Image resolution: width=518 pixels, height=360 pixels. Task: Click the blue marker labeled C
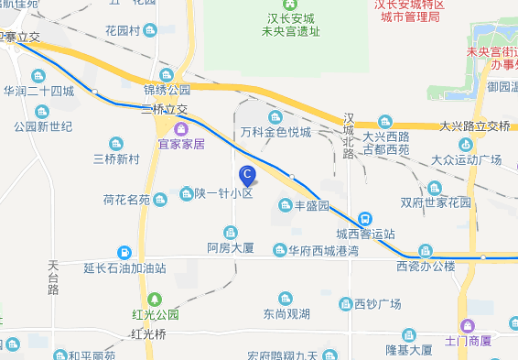click(x=246, y=174)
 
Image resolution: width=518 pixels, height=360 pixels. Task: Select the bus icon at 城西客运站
click(x=364, y=218)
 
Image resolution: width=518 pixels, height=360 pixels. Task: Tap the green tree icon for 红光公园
click(x=155, y=299)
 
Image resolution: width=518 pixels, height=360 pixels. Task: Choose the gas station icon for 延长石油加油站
click(x=124, y=252)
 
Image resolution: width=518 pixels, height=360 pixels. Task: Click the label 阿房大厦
click(x=230, y=247)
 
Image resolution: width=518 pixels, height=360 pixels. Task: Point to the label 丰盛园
click(x=311, y=206)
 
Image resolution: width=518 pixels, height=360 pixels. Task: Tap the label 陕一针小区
click(x=222, y=193)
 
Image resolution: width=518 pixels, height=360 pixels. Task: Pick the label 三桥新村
click(x=116, y=158)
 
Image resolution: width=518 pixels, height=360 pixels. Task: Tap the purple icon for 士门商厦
click(x=468, y=325)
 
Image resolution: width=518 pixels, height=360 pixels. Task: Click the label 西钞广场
click(x=378, y=303)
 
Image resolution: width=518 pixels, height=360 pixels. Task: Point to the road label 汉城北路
click(x=348, y=136)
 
